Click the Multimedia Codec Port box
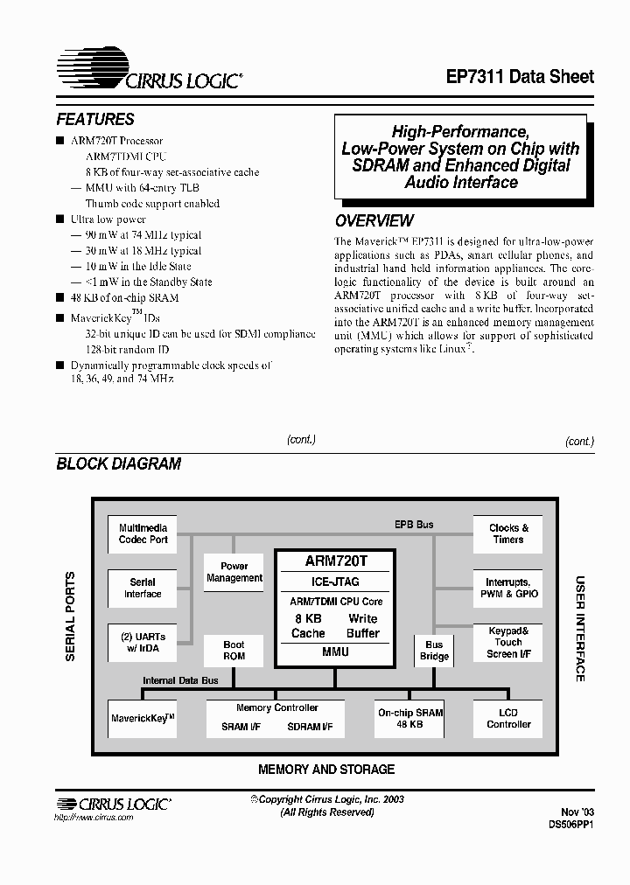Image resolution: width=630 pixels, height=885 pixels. [143, 534]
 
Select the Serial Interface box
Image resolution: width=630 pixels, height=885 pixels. [143, 588]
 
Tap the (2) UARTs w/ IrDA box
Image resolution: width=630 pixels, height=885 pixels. [143, 643]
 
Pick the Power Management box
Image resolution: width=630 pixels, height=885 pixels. [234, 572]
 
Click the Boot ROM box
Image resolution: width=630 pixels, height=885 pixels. [234, 651]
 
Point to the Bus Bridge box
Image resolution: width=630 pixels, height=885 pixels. [434, 651]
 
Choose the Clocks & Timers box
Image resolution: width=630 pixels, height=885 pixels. [508, 534]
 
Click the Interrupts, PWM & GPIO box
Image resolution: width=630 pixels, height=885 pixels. [508, 588]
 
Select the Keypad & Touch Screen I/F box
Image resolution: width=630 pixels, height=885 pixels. [508, 643]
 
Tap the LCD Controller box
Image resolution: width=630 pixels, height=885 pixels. [508, 719]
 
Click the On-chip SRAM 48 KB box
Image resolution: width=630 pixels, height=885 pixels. [410, 719]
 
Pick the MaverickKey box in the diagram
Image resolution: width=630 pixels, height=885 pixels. [143, 719]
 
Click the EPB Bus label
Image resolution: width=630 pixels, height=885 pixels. [413, 525]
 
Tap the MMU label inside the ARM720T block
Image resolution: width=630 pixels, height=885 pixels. [335, 652]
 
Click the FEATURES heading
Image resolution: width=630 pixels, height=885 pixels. [95, 120]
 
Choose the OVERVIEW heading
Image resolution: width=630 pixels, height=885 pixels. [374, 221]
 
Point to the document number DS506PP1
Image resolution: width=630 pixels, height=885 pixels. [571, 824]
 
